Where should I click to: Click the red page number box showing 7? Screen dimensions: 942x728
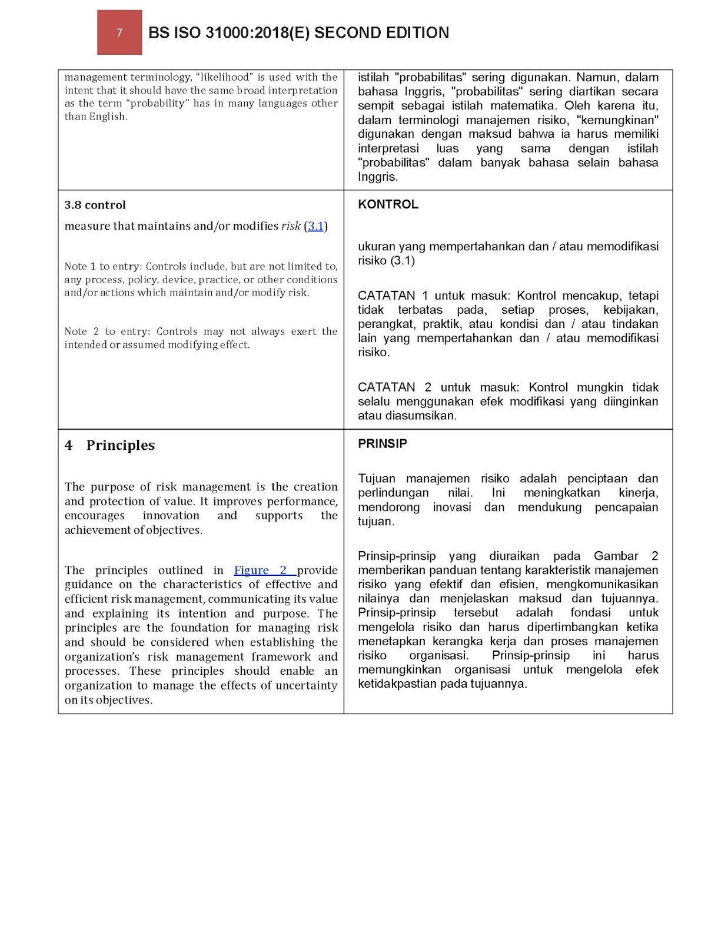[119, 32]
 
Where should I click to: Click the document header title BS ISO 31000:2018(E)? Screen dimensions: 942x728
[298, 32]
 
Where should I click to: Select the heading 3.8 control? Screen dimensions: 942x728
[95, 205]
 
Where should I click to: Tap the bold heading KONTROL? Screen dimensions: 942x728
[388, 204]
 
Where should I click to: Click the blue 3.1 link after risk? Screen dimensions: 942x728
[315, 226]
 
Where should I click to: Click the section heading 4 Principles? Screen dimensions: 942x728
[109, 445]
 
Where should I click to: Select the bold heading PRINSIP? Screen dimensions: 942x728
[382, 443]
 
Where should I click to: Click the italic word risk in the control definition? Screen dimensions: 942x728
[291, 226]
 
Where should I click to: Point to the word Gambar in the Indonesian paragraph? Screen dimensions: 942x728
[615, 556]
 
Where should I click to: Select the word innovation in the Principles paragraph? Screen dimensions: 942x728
[171, 516]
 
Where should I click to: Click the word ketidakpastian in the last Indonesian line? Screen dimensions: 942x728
[397, 684]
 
